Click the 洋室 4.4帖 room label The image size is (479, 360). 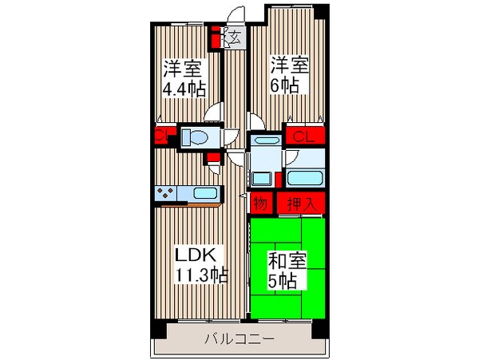[181, 76]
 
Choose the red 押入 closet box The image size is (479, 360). [301, 204]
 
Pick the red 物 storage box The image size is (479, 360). [260, 204]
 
